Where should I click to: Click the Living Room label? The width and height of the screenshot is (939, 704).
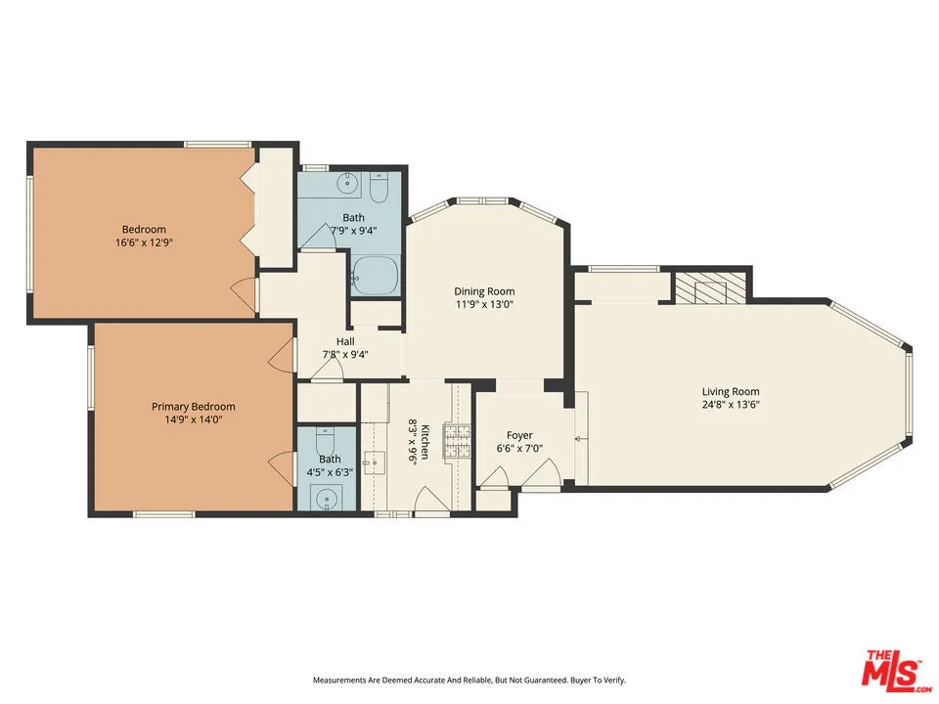(731, 391)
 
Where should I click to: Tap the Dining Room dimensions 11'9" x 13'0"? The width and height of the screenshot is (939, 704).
(484, 304)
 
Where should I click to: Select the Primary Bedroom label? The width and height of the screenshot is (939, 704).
(194, 407)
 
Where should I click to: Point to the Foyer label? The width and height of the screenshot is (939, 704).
(519, 435)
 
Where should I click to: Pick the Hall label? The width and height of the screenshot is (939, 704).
(345, 341)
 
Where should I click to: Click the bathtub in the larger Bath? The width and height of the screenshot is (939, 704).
(376, 276)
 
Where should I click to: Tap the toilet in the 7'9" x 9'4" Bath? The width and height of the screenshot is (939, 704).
(380, 188)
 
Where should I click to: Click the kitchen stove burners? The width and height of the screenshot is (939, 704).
(458, 441)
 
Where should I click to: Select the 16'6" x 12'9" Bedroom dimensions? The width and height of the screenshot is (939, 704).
(144, 242)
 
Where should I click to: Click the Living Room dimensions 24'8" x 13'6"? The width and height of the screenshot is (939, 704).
(731, 404)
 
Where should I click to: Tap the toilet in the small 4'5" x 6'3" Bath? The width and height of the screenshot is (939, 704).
(325, 441)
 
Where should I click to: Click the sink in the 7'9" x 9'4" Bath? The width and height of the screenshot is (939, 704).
(346, 183)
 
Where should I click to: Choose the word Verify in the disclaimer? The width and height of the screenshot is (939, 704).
(615, 681)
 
